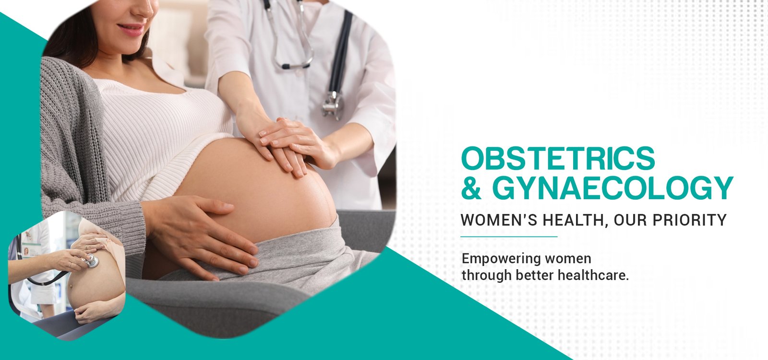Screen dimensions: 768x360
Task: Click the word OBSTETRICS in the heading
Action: (x=558, y=158)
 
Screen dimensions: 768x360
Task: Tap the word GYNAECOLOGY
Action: (x=612, y=188)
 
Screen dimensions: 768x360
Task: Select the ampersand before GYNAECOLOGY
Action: (x=471, y=188)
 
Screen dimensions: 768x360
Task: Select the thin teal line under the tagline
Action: (x=509, y=237)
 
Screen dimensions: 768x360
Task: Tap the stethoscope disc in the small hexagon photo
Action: (x=92, y=262)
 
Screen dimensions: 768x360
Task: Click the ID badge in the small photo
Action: (x=31, y=250)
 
